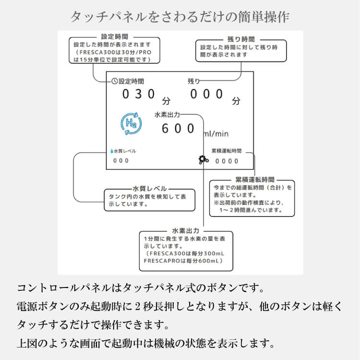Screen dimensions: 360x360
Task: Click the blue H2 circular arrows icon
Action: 131,123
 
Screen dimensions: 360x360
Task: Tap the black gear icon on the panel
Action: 204,159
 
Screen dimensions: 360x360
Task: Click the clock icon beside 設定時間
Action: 115,81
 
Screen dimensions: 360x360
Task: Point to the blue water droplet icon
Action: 111,151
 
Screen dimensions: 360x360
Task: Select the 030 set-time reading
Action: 139,94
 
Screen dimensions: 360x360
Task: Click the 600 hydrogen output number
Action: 178,128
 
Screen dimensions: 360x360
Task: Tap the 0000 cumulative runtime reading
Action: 227,161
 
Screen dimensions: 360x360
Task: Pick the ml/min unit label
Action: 216,133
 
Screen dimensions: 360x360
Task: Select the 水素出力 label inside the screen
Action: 167,115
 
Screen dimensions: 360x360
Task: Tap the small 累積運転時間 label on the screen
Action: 227,151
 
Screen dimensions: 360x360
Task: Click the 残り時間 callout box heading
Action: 241,39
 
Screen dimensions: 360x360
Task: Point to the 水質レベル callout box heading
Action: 149,189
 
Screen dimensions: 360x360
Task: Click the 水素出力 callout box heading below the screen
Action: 185,231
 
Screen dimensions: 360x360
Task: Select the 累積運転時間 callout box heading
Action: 255,180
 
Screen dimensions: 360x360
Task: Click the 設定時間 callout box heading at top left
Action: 115,37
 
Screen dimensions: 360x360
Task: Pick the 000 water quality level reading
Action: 121,161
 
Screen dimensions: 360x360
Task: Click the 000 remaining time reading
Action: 206,94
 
